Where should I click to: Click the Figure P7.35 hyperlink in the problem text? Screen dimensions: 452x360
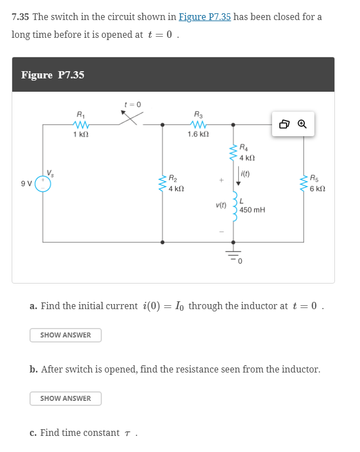point(204,17)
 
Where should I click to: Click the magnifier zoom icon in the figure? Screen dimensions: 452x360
point(302,125)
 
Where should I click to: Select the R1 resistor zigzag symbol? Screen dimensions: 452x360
point(81,125)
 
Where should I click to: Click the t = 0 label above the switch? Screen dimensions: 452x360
point(133,104)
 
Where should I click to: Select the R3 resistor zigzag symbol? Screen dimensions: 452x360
point(198,125)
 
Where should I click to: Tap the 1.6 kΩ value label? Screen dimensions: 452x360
point(198,135)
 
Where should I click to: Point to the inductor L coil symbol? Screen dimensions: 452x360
point(234,208)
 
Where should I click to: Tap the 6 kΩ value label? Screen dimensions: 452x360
point(318,189)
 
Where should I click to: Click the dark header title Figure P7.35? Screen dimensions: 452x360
point(53,75)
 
